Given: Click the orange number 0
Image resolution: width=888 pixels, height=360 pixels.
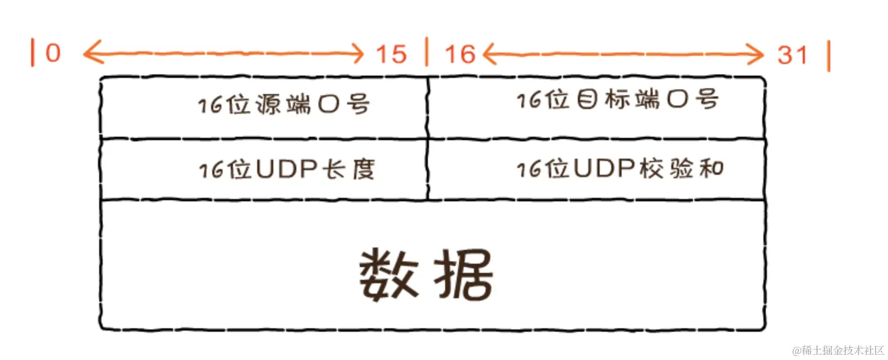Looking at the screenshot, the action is point(53,54).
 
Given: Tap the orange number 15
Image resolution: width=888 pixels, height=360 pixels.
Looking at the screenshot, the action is point(392,55).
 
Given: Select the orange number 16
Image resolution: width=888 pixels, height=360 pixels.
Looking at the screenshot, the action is point(460,55).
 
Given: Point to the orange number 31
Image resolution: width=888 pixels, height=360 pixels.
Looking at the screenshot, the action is point(793,55).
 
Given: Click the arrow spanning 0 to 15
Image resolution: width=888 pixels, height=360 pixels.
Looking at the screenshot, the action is point(223,55).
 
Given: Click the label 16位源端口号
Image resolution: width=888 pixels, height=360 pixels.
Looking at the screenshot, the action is point(284,105).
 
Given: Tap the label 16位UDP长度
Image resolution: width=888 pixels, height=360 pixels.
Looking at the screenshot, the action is point(287,170).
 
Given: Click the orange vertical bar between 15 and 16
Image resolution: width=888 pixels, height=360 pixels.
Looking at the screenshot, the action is point(427,52).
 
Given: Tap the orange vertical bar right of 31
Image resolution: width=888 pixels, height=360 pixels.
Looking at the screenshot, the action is point(828,56).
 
